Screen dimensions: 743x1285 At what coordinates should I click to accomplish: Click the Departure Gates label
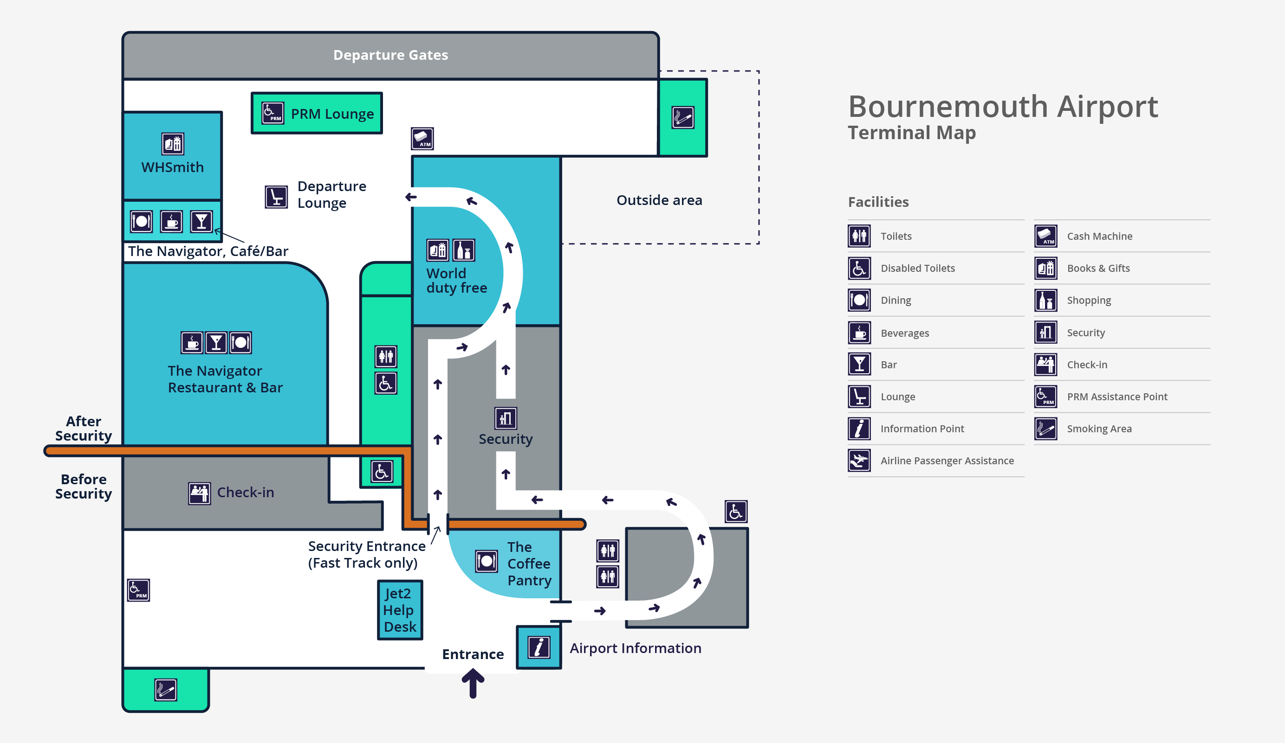[390, 55]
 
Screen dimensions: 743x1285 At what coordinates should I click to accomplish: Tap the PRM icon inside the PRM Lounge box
[273, 113]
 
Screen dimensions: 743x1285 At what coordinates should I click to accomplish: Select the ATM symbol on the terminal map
[422, 139]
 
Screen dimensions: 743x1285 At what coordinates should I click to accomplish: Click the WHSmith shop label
[172, 167]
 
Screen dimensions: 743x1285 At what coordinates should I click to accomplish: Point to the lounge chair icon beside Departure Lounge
[276, 197]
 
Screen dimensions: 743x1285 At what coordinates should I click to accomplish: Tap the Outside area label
[659, 200]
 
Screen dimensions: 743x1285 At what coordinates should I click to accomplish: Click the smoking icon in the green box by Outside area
[683, 118]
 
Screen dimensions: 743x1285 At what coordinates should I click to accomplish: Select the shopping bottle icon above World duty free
[463, 250]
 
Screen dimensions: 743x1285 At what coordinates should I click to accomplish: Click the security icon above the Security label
[506, 418]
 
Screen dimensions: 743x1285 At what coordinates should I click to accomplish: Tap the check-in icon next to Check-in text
[199, 493]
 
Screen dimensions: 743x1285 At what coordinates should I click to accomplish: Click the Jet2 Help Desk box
[400, 610]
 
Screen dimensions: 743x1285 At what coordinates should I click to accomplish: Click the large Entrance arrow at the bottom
[473, 683]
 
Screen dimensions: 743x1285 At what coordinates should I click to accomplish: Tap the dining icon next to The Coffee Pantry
[487, 562]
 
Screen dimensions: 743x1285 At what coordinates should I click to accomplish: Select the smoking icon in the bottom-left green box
[166, 690]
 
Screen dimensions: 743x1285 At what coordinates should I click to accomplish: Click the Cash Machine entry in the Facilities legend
[1099, 237]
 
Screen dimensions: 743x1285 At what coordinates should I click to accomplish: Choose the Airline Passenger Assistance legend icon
[859, 461]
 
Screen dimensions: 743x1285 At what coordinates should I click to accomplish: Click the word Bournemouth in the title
[948, 107]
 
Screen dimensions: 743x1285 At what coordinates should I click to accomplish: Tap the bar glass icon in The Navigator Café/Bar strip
[201, 222]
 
